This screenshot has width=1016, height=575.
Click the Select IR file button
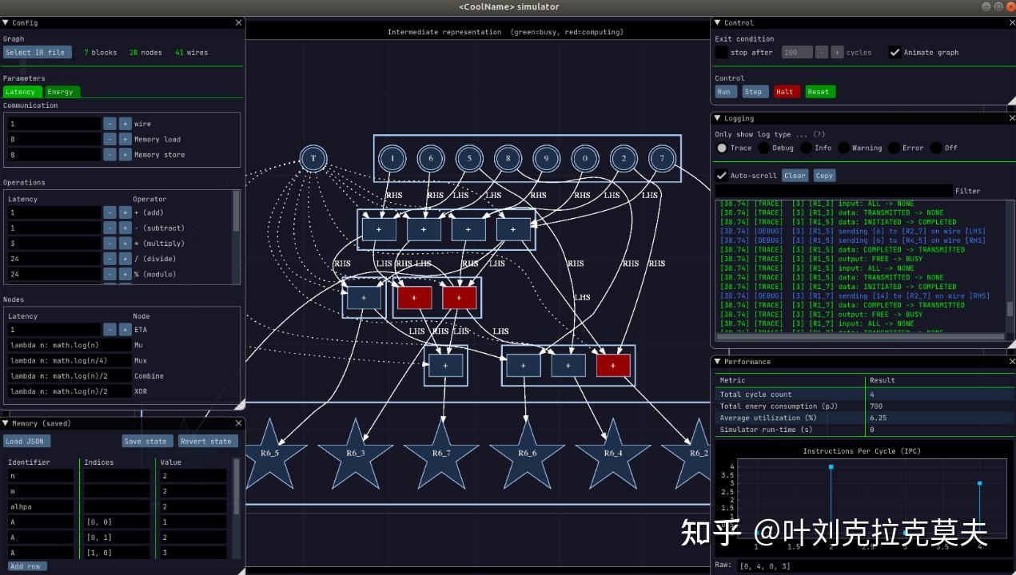[37, 53]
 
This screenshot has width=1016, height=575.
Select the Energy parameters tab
[61, 92]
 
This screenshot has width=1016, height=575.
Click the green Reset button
[819, 92]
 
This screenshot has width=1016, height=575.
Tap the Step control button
[753, 92]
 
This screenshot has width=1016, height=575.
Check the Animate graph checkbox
[894, 53]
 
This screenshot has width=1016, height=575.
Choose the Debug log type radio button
[764, 148]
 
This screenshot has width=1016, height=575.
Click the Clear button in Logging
[795, 176]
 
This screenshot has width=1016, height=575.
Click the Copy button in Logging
[824, 176]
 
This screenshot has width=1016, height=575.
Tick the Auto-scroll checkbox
[722, 176]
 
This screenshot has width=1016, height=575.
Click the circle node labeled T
[313, 158]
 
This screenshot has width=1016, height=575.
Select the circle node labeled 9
[546, 158]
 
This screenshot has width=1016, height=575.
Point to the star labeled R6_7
[441, 454]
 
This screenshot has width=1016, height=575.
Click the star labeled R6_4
[613, 454]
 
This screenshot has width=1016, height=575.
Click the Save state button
[145, 442]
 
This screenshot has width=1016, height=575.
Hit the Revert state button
[205, 442]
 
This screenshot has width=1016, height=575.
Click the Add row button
[26, 566]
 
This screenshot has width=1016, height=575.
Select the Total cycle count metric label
[755, 395]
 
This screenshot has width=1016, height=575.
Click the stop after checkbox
[721, 53]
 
